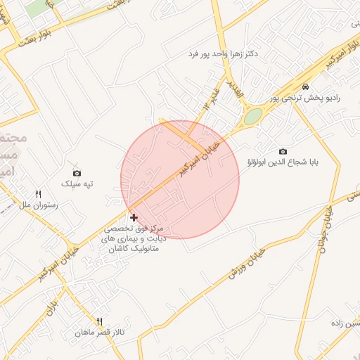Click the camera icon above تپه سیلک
[77, 173]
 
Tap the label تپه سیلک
[77, 184]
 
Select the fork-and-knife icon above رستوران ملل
[39, 194]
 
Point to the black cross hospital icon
[134, 218]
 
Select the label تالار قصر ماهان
[100, 332]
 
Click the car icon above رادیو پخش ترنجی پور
[304, 86]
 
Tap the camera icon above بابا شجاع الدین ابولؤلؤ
[283, 152]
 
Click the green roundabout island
[252, 117]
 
